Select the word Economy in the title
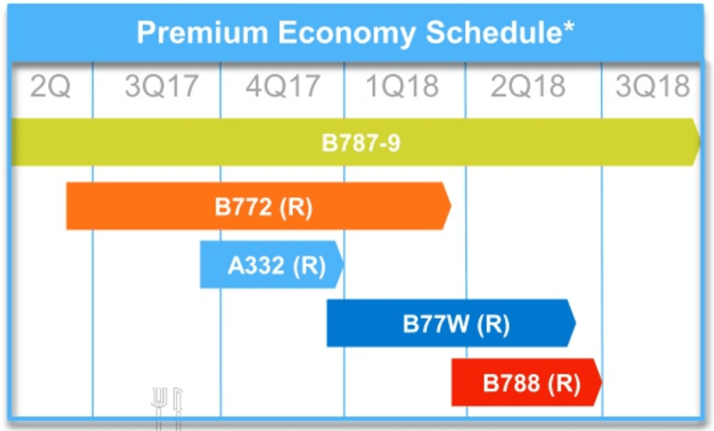click(x=346, y=34)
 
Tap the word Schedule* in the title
click(x=499, y=34)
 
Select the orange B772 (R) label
click(x=263, y=207)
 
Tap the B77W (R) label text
click(x=456, y=324)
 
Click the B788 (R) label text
click(x=532, y=384)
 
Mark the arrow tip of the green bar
click(x=698, y=142)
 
